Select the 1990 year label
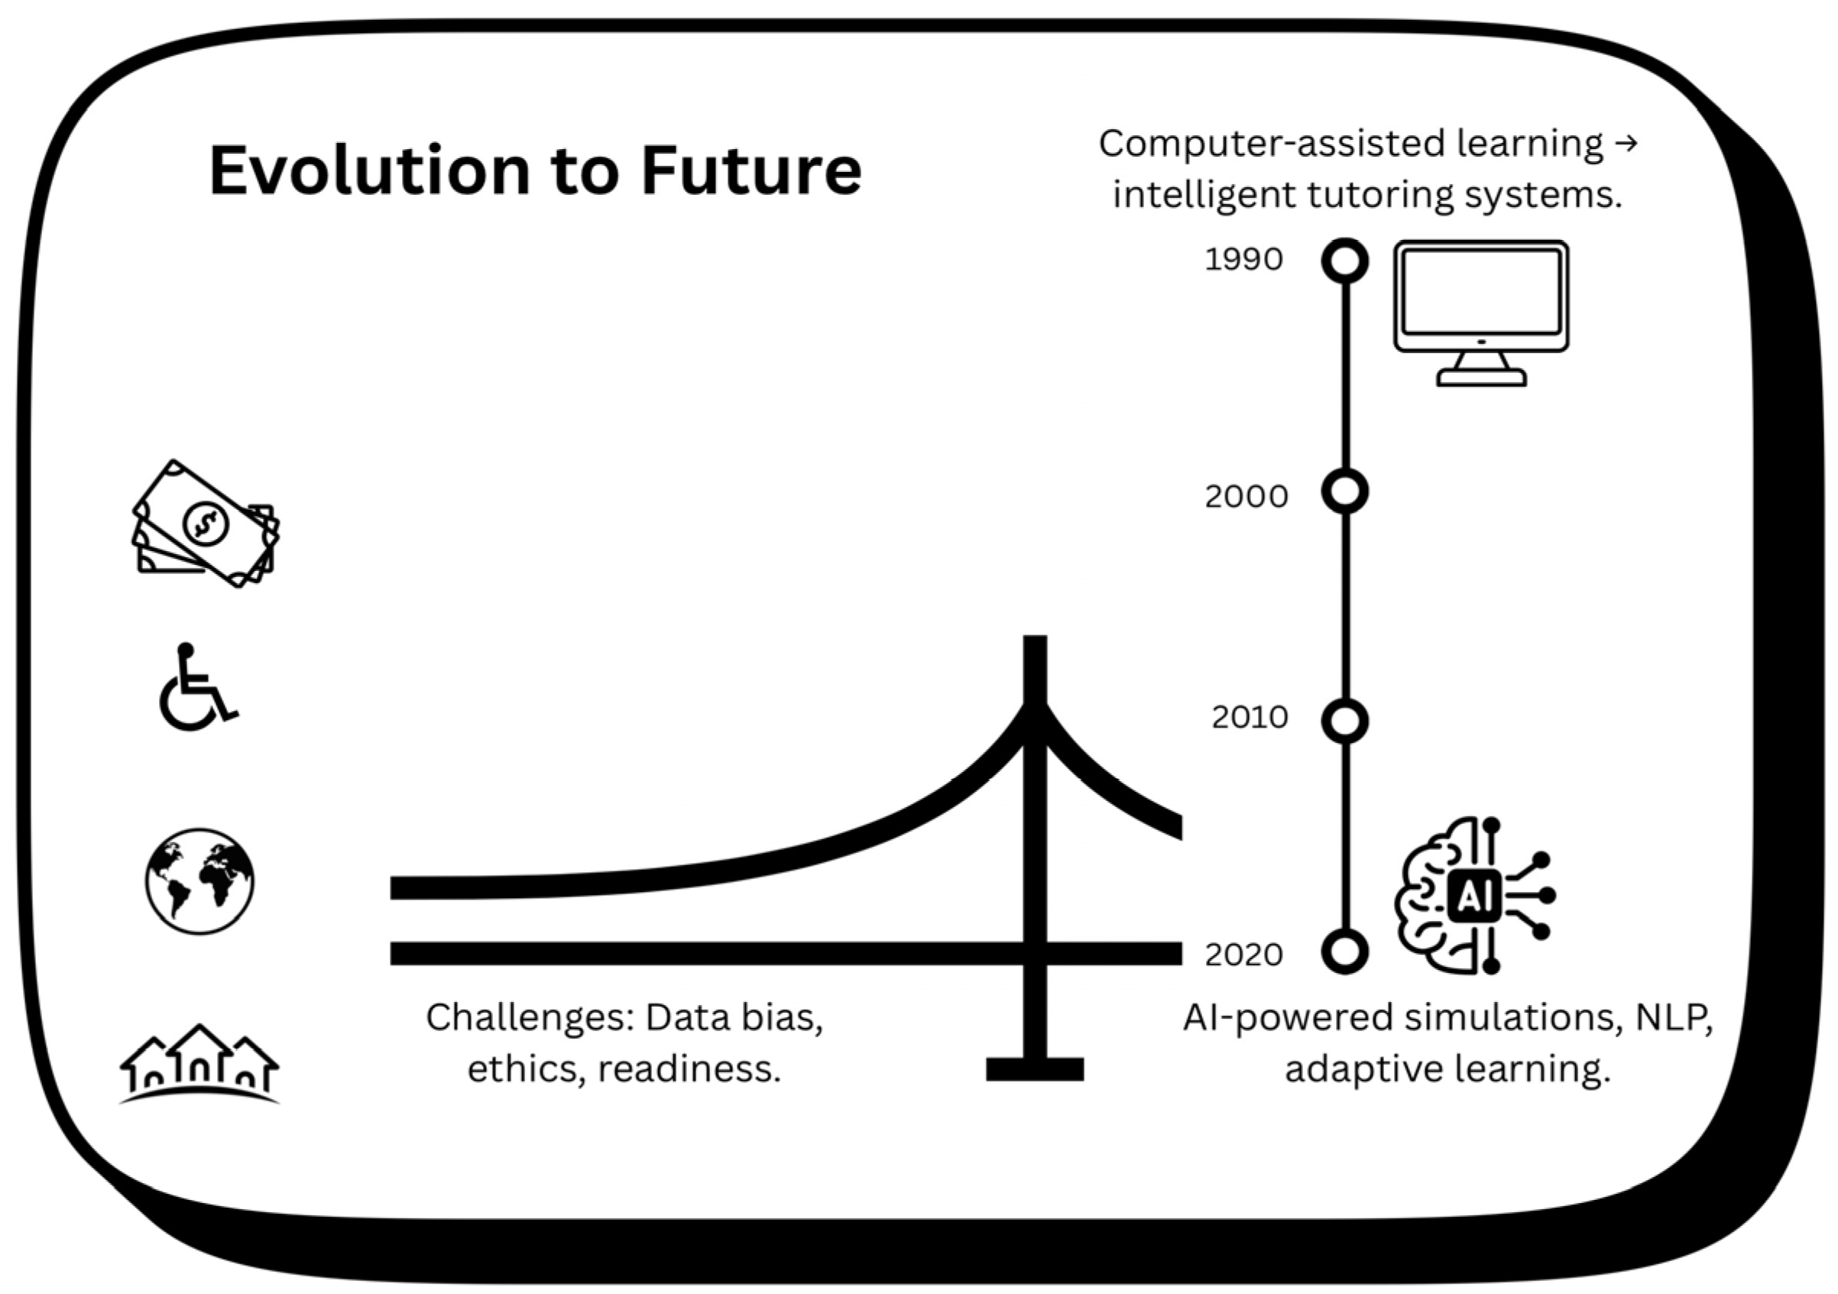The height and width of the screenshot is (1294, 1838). point(1243,259)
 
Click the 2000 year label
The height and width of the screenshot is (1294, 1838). point(1246,498)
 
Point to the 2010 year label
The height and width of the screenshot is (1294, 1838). point(1249,718)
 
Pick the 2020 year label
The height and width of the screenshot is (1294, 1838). point(1243,955)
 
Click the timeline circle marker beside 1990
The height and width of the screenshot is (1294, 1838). point(1345,261)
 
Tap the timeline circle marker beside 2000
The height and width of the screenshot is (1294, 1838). point(1345,491)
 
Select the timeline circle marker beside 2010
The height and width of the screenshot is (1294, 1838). point(1345,721)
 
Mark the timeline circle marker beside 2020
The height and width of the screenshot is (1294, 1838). point(1345,952)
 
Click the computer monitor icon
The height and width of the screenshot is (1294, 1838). point(1481,313)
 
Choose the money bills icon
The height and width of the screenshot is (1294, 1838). point(206,524)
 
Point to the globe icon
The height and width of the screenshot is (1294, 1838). point(199,881)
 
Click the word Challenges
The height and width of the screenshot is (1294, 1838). point(529,1018)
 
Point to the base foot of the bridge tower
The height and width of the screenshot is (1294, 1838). point(1034,1069)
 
